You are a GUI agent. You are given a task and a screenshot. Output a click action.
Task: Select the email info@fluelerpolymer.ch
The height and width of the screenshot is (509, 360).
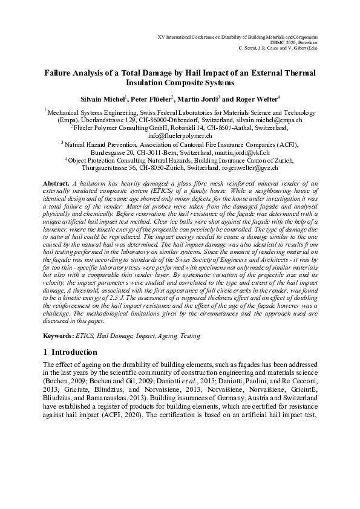pyautogui.click(x=180, y=136)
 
